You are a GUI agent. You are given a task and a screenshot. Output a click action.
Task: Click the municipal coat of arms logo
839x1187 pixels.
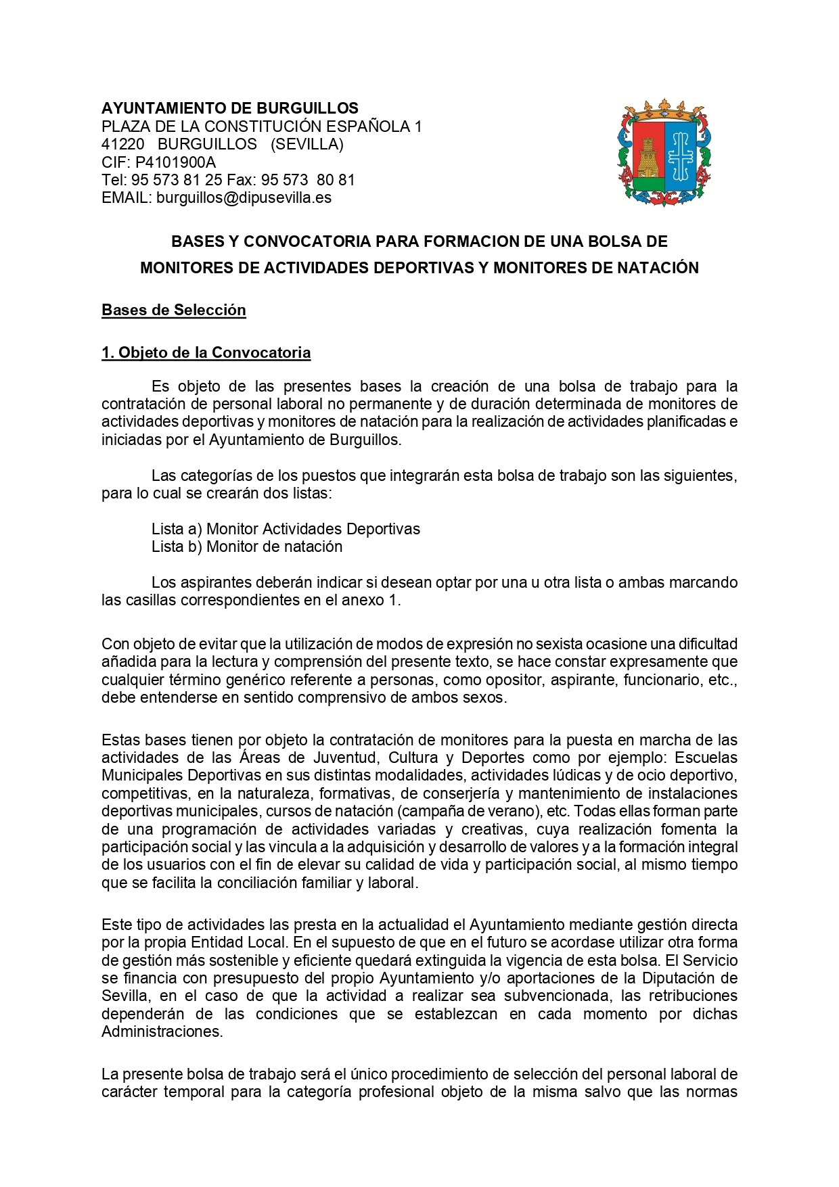click(x=664, y=153)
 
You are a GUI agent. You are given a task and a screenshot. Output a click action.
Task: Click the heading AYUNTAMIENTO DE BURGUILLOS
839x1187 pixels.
click(x=230, y=108)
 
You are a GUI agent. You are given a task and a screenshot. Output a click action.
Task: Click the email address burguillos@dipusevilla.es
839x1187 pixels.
click(x=244, y=198)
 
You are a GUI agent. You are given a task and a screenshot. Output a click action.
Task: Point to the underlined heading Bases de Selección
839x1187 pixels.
click(x=174, y=310)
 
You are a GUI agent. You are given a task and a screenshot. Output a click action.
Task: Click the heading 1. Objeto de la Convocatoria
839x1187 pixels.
click(x=206, y=353)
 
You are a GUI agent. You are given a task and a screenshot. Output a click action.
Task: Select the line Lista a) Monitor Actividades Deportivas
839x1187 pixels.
click(x=286, y=529)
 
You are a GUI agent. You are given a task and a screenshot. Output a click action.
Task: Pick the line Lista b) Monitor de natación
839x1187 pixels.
click(x=247, y=547)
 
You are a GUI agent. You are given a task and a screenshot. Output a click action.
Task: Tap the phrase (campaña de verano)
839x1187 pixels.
click(x=465, y=811)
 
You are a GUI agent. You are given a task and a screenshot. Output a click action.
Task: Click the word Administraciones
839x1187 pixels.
click(x=162, y=1032)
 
